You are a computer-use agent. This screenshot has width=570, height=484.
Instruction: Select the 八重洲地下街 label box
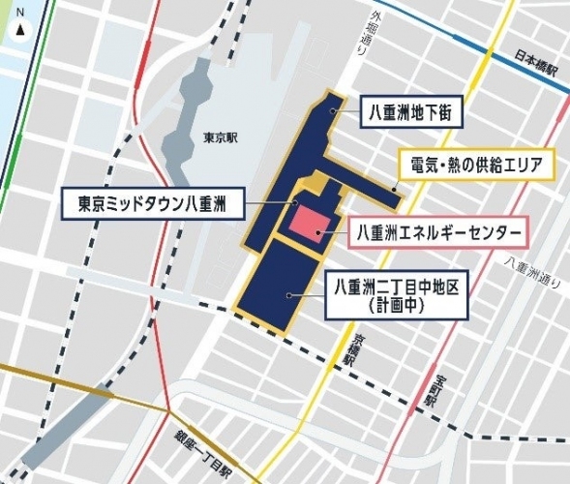tap(411, 113)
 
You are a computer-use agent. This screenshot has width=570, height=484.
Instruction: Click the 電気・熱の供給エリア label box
tap(475, 164)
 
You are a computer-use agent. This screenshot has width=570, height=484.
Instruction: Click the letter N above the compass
tap(20, 12)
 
